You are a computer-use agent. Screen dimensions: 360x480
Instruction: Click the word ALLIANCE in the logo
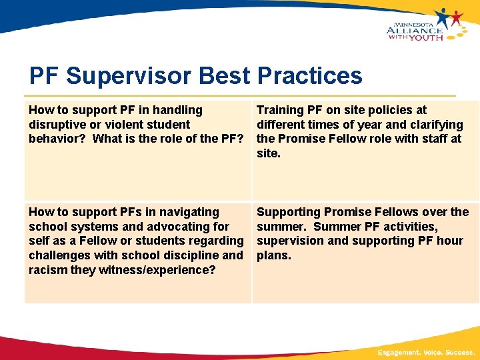click(x=415, y=30)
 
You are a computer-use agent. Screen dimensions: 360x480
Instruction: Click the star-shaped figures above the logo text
click(x=448, y=17)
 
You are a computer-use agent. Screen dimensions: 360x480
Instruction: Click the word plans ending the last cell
click(x=273, y=255)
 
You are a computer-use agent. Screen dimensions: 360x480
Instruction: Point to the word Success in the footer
click(x=459, y=352)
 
